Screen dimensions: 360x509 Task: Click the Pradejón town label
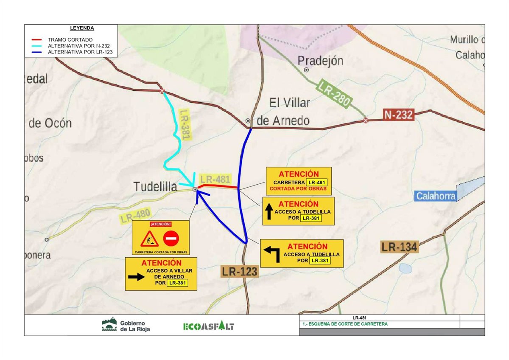point(320,61)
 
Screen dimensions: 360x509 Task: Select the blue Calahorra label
point(436,196)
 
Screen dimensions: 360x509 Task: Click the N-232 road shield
point(398,115)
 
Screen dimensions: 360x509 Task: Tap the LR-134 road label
point(400,247)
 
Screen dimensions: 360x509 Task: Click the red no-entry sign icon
point(171,239)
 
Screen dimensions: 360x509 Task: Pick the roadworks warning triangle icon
point(150,239)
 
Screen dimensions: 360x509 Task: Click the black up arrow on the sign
point(269,211)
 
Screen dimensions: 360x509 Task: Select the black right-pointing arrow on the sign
point(136,277)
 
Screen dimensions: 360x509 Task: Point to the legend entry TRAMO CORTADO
point(70,40)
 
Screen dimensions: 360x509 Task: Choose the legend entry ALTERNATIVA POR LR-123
point(79,52)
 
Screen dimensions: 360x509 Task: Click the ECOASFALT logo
point(208,326)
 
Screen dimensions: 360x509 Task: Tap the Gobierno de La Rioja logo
point(126,326)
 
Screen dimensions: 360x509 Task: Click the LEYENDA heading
point(82,28)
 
